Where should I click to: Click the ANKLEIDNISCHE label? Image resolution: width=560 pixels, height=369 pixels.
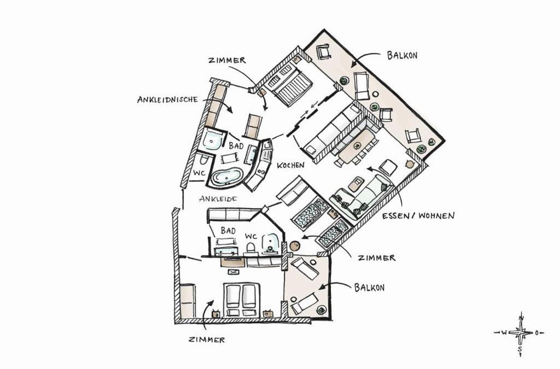click(167, 99)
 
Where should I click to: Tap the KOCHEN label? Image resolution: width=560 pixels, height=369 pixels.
click(291, 165)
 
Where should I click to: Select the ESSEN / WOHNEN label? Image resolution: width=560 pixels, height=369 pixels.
click(418, 215)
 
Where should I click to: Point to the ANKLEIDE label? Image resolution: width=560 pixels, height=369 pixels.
click(218, 199)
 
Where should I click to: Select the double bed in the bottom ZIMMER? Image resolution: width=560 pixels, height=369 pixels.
click(241, 300)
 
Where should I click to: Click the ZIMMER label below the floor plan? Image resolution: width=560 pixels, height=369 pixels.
click(207, 339)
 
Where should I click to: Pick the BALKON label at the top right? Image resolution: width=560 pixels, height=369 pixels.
click(402, 55)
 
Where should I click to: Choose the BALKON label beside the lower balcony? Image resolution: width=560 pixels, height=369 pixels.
click(369, 288)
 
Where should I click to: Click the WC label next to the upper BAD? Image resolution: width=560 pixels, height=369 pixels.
click(199, 173)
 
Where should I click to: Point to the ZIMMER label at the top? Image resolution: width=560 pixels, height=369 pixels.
click(227, 60)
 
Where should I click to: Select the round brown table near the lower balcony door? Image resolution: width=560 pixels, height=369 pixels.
click(295, 246)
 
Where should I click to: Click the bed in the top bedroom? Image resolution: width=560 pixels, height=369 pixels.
click(290, 86)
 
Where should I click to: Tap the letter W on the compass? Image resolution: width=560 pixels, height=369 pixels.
click(504, 333)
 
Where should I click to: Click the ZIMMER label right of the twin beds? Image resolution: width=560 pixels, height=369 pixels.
click(377, 257)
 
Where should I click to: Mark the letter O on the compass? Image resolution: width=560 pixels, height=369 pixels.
click(536, 333)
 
